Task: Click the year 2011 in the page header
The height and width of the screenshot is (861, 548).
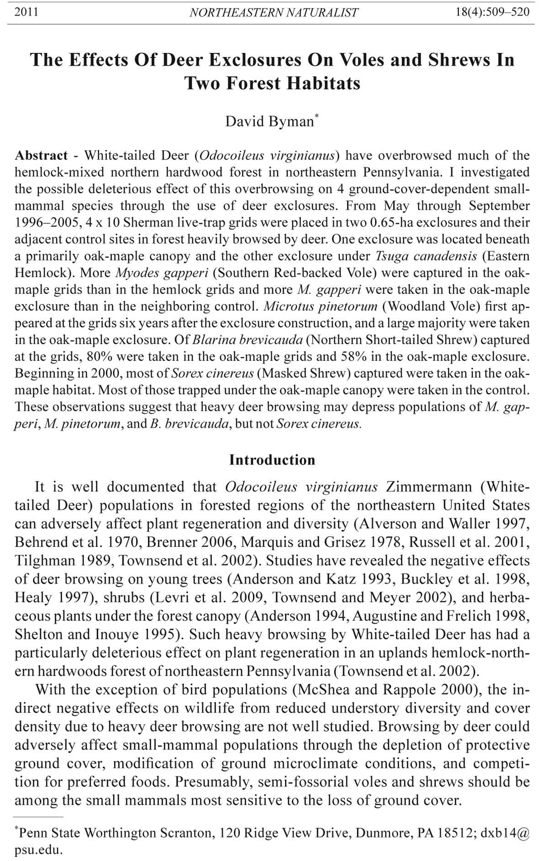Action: click(26, 12)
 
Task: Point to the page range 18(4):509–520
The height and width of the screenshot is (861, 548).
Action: click(493, 12)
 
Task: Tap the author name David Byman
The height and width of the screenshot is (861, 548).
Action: click(269, 121)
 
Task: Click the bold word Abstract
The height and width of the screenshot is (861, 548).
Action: click(41, 155)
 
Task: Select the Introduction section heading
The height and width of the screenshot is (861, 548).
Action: click(272, 460)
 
